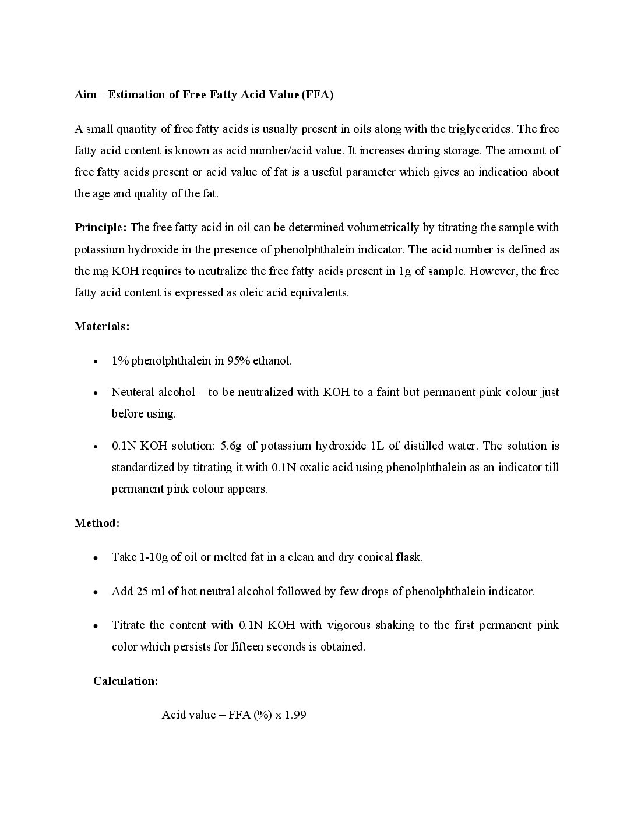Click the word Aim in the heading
coord(86,95)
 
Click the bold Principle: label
coord(100,227)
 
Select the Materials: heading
coord(102,326)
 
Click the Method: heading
coord(97,523)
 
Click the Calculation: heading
coord(125,681)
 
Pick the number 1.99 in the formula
coord(295,715)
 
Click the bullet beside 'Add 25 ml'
coord(95,592)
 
